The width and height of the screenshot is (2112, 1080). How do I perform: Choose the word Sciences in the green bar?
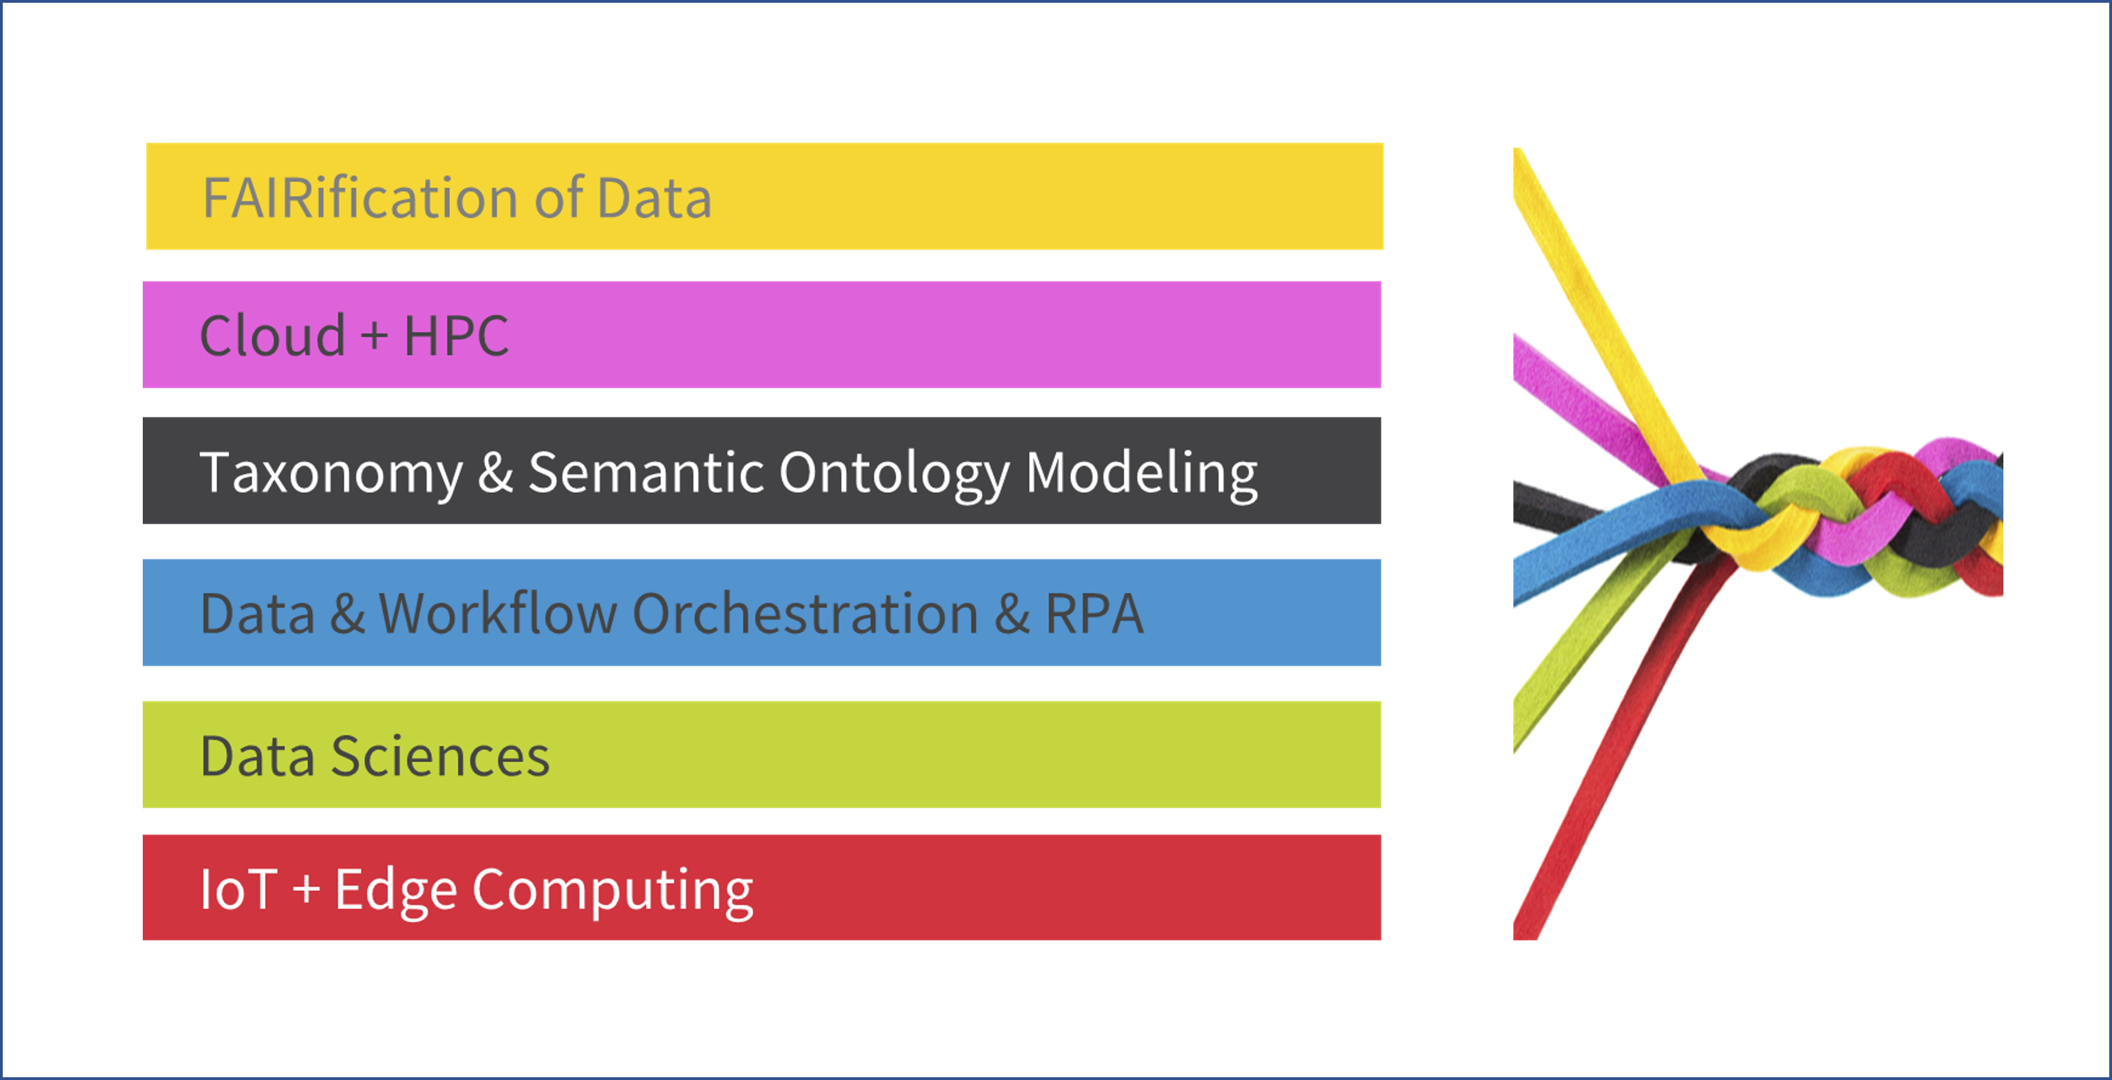pyautogui.click(x=440, y=755)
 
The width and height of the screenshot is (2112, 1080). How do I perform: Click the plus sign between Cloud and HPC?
pyautogui.click(x=374, y=336)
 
